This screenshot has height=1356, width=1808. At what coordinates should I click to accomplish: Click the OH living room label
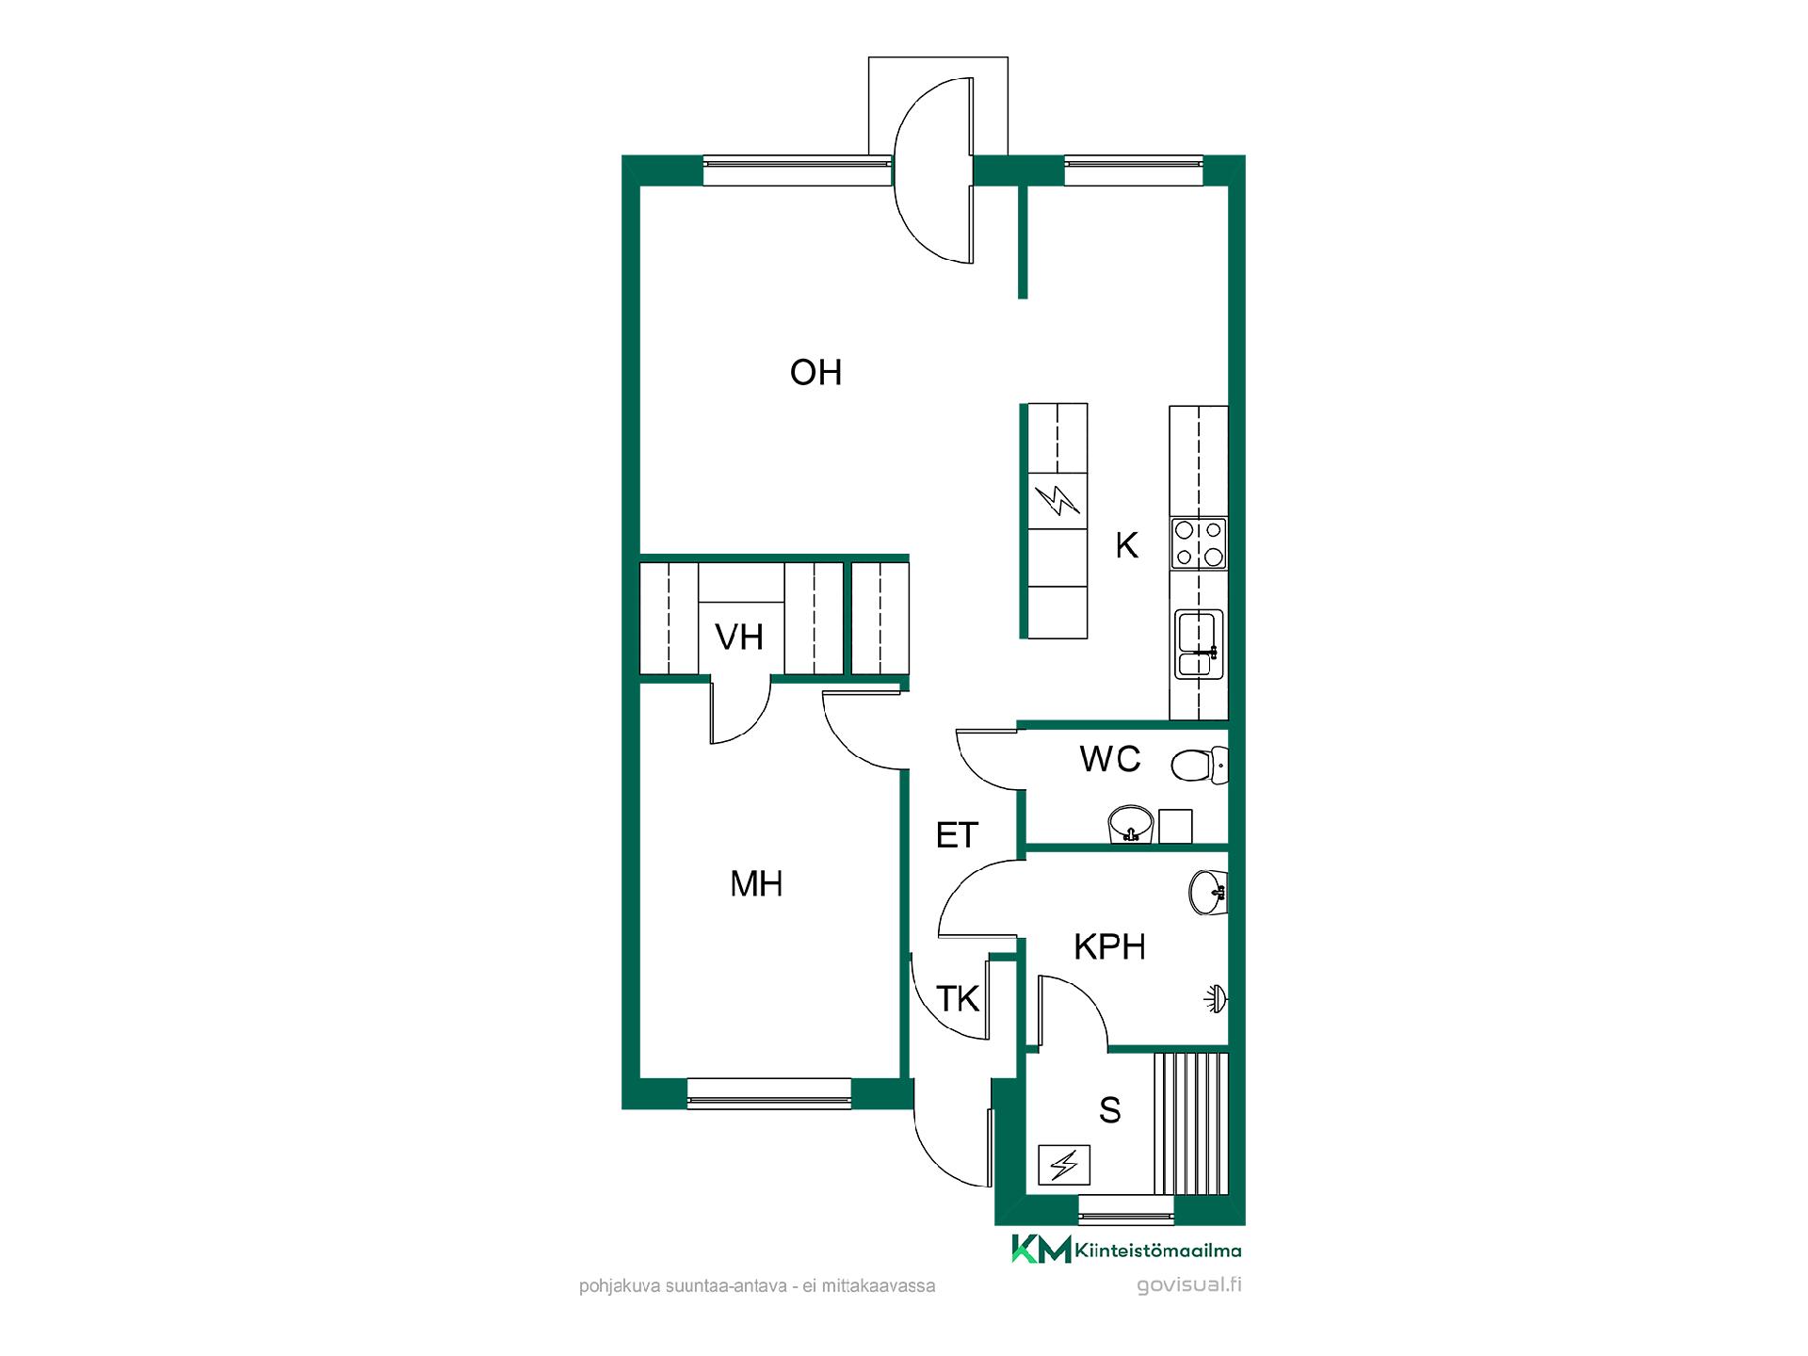[815, 373]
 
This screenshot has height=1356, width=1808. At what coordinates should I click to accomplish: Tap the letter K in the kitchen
[1126, 545]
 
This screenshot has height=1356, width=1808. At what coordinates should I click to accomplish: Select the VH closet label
[739, 638]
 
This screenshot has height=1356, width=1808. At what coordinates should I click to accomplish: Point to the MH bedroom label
[756, 884]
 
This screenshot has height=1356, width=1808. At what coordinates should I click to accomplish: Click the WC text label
[1110, 759]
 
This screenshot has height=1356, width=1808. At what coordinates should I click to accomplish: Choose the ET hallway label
[957, 835]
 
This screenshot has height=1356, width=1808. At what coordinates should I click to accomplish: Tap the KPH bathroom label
[1109, 947]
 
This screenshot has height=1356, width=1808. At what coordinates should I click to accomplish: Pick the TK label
[958, 999]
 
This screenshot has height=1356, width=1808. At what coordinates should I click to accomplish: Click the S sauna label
[1110, 1111]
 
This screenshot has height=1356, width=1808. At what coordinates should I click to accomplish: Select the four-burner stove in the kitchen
[1199, 543]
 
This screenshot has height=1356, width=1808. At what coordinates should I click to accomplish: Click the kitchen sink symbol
[1199, 643]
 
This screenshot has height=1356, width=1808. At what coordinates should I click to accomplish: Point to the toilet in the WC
[1200, 765]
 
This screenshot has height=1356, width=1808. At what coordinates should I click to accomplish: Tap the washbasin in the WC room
[1130, 824]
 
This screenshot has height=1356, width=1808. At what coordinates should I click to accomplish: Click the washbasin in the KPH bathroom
[1208, 892]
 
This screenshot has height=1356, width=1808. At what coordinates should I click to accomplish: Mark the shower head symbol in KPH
[1217, 999]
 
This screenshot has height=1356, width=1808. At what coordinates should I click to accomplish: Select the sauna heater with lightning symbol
[1064, 1165]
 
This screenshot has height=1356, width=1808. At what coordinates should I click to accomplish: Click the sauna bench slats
[1191, 1123]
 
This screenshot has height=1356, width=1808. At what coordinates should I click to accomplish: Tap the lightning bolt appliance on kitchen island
[1057, 500]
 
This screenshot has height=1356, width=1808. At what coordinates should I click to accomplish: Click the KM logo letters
[1041, 1249]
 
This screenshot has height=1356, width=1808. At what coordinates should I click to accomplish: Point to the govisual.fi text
[1189, 1285]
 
